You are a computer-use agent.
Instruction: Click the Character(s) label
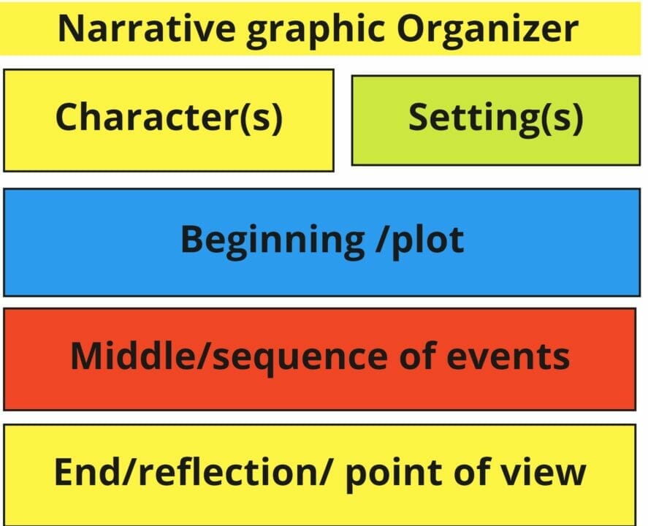(x=169, y=118)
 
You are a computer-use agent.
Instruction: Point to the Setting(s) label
(x=495, y=118)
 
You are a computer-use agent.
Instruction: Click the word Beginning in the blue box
(x=272, y=240)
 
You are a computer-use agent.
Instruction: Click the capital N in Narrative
(x=70, y=28)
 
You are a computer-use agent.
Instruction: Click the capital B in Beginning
(x=192, y=239)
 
